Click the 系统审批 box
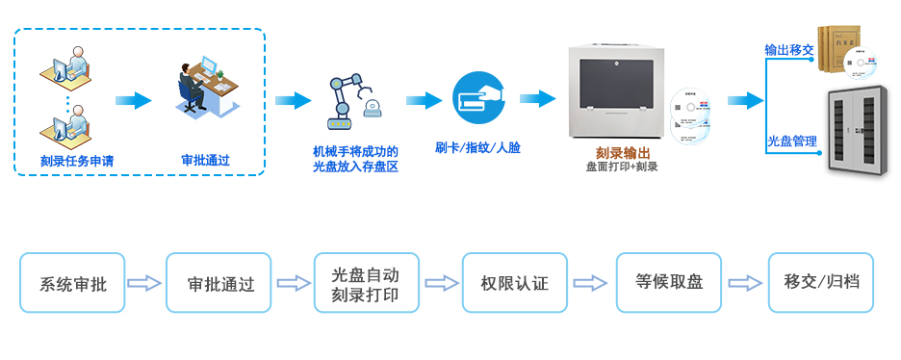click(72, 283)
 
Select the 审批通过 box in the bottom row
click(220, 283)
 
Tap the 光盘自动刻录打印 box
click(366, 283)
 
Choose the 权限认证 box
click(514, 283)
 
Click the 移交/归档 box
click(821, 283)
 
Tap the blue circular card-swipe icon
click(478, 98)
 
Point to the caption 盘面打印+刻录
click(622, 167)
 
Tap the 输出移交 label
click(789, 49)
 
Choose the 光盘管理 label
click(791, 141)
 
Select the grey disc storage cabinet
click(862, 132)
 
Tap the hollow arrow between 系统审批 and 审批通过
click(144, 283)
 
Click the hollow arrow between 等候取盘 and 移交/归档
click(743, 283)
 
